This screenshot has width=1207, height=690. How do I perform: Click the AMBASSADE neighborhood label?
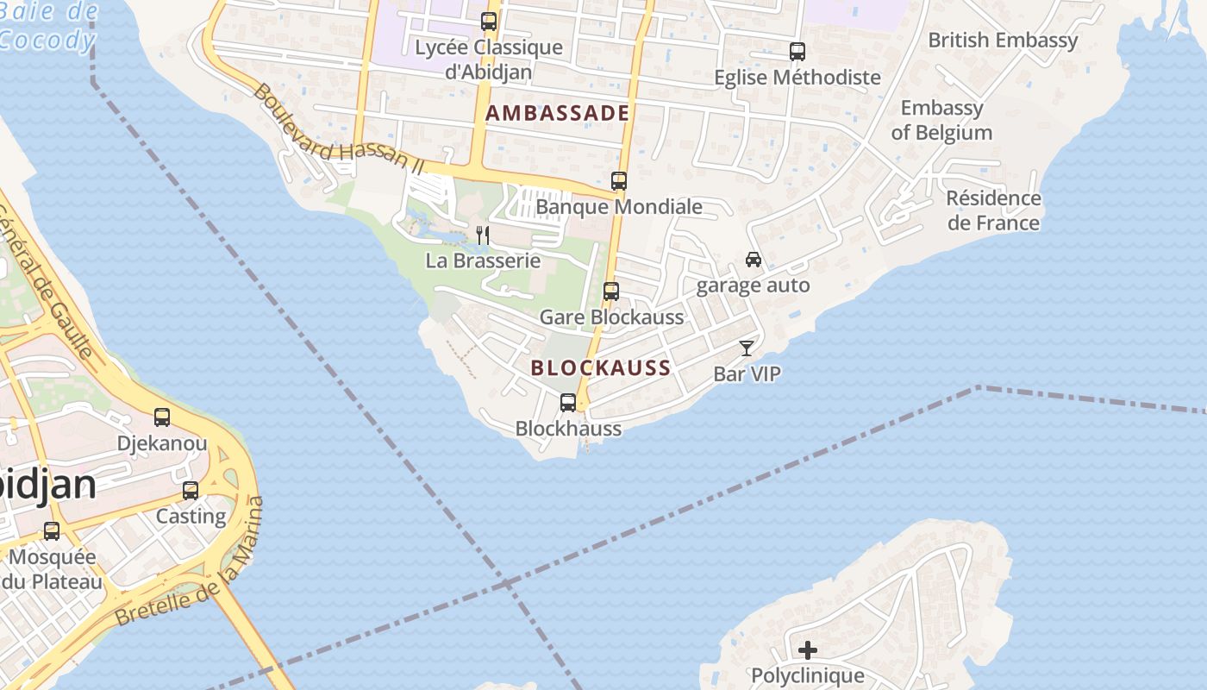557,113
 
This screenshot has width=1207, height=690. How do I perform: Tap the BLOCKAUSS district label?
601,368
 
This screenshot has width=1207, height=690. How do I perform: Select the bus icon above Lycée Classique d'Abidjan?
489,22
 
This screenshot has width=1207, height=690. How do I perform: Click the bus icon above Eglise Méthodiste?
797,52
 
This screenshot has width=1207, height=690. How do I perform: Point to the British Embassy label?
1003,41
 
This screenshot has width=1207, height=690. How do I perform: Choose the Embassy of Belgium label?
941,120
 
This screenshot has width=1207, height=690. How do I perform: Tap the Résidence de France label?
993,210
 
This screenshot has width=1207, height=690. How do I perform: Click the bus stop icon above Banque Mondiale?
619,181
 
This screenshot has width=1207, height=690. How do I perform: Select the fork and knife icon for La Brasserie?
483,235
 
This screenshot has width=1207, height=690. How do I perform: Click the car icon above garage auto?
754,260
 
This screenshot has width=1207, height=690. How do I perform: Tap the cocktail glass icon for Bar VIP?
747,348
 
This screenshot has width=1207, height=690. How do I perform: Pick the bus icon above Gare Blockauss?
611,292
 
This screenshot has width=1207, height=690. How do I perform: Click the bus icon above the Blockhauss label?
568,402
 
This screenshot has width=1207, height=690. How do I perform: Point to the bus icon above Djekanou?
162,417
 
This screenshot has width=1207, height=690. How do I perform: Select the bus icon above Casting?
191,491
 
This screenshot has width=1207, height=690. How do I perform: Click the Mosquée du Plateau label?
52,569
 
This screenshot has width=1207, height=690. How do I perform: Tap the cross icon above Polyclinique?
808,649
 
